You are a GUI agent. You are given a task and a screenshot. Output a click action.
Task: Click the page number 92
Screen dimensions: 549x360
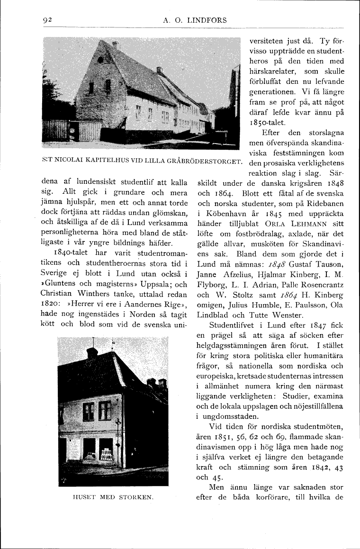click(x=46, y=20)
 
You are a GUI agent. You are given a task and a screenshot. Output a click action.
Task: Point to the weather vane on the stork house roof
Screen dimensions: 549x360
click(x=93, y=342)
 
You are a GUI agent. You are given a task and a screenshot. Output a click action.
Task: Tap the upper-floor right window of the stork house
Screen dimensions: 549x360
click(x=105, y=410)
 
